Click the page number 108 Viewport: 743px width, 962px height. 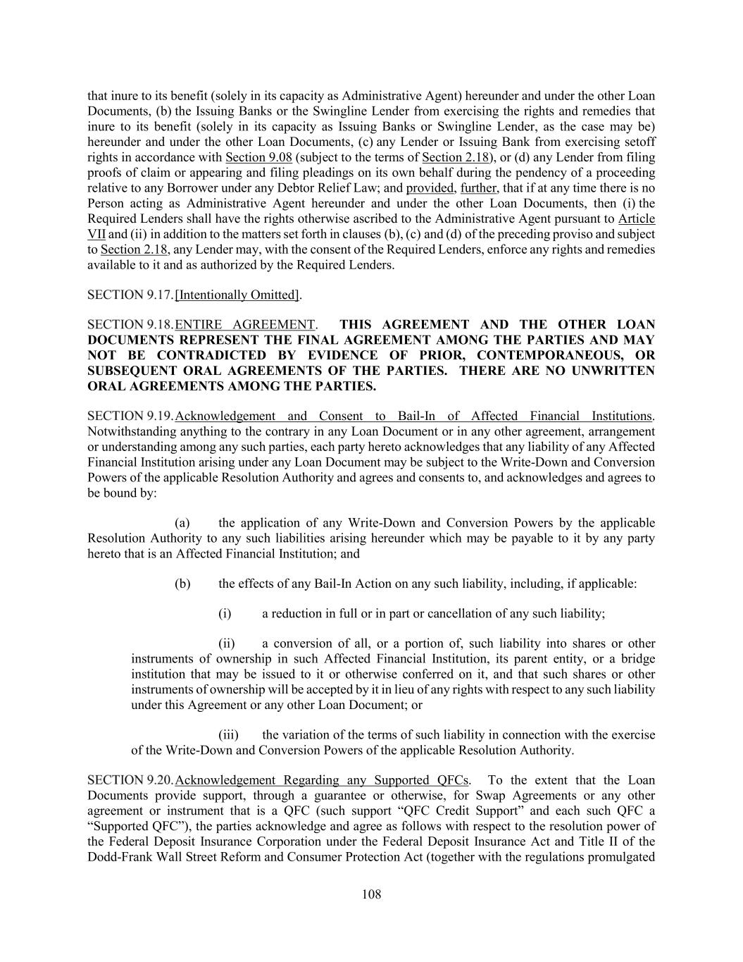point(371,894)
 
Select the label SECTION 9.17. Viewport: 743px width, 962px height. point(130,295)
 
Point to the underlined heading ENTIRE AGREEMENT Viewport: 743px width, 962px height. point(244,324)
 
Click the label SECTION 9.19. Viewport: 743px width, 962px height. point(130,416)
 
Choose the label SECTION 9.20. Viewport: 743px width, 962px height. point(130,780)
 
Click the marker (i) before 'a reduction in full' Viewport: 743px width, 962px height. point(225,613)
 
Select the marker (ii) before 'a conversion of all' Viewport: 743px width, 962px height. point(226,643)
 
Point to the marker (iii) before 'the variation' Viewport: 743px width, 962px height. point(227,734)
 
